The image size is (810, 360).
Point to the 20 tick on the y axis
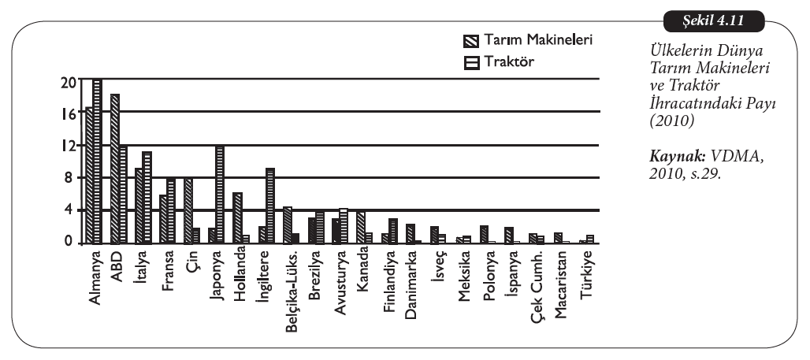click(x=70, y=80)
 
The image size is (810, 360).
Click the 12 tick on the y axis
click(x=70, y=146)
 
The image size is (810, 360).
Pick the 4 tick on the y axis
click(x=72, y=210)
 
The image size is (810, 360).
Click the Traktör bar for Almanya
click(x=98, y=161)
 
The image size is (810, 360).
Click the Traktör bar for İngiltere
click(x=270, y=205)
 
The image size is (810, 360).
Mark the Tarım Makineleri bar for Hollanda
click(x=237, y=217)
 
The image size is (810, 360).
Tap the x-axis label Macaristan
click(x=559, y=280)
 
